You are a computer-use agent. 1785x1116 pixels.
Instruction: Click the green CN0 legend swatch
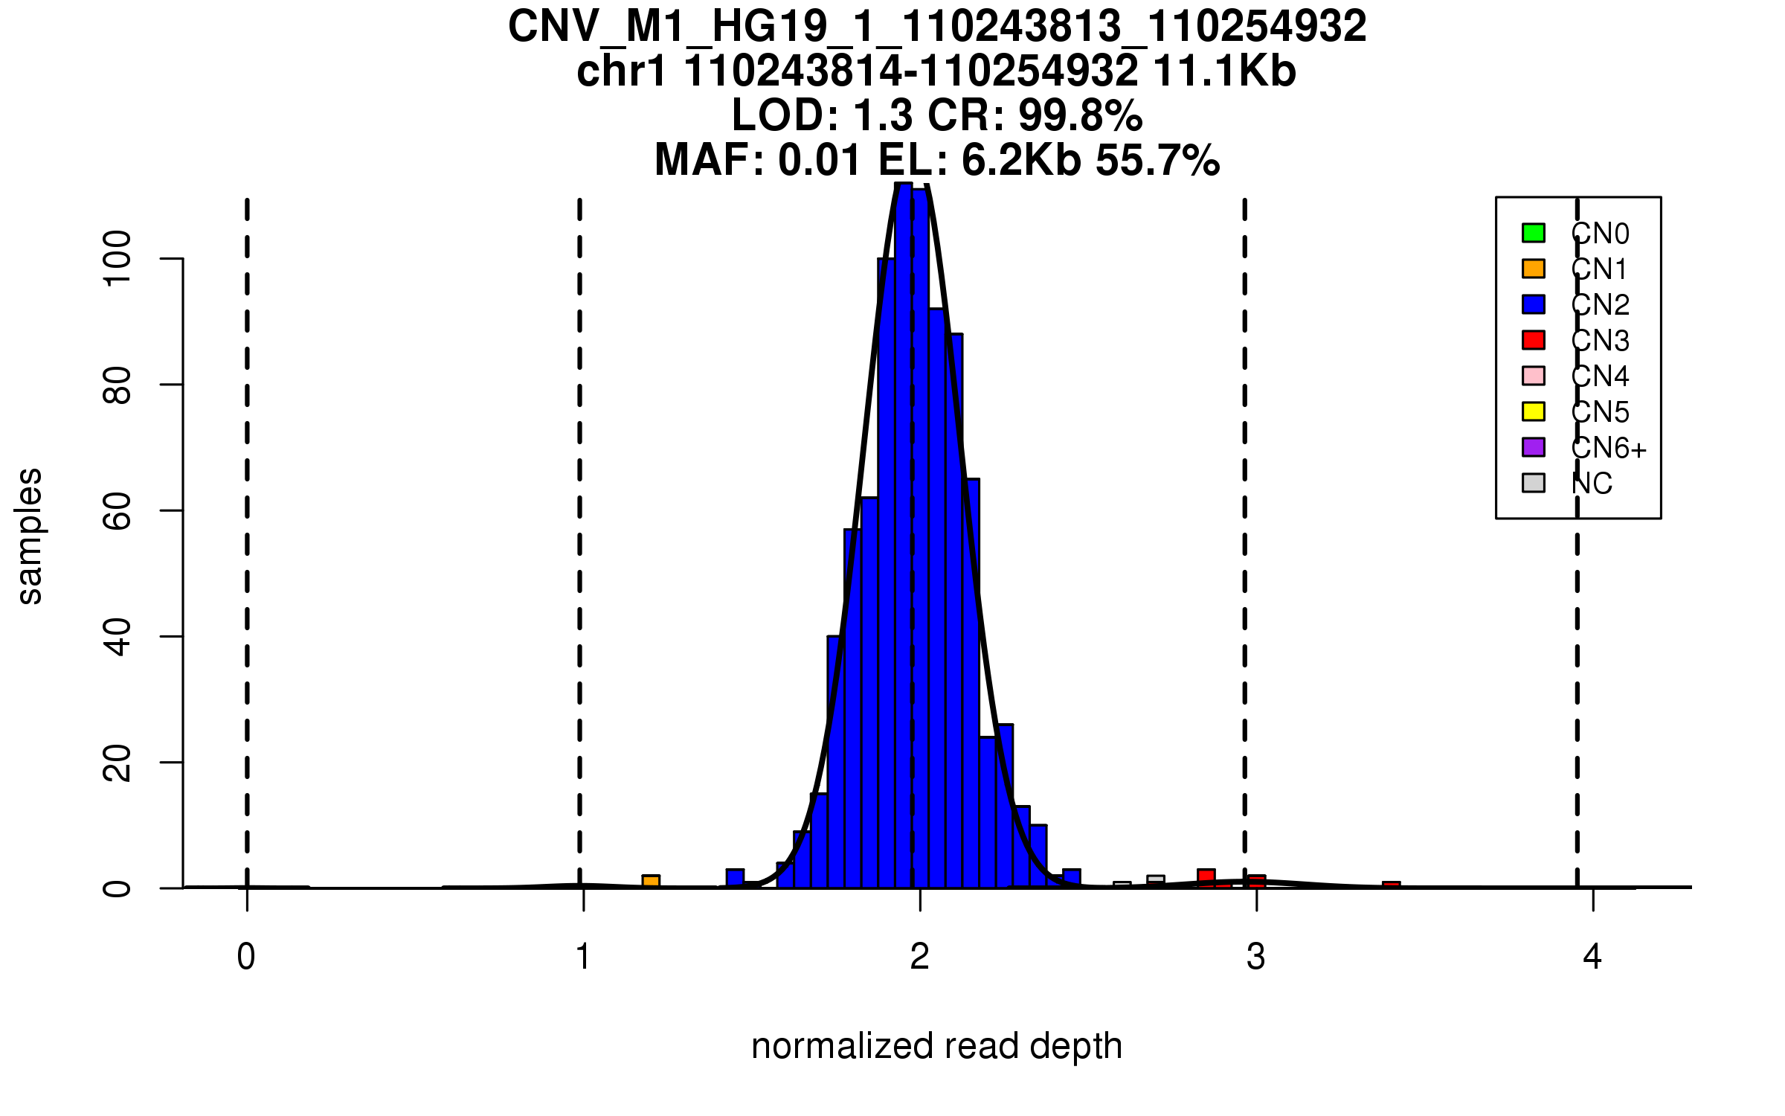coord(1534,233)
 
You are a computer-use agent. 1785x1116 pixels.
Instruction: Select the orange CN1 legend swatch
coord(1534,269)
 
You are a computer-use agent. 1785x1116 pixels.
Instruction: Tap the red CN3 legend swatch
coord(1534,340)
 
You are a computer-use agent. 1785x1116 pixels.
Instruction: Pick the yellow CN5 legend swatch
coord(1534,411)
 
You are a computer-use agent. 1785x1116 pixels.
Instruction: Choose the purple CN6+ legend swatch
coord(1534,447)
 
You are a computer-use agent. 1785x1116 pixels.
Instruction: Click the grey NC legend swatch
coord(1534,483)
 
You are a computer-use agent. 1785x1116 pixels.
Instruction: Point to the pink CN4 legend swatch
coord(1534,376)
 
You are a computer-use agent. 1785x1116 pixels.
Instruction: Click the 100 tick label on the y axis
coord(118,258)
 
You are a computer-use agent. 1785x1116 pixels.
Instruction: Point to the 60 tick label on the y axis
coord(118,510)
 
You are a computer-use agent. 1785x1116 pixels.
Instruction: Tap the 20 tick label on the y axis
coord(118,763)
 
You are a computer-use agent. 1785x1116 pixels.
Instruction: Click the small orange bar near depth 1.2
coord(651,882)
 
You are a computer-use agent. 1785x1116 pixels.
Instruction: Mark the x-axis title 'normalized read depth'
coord(936,1047)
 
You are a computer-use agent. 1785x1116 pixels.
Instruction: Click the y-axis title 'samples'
coord(30,536)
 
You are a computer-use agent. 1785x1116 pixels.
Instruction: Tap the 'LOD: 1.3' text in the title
coord(822,116)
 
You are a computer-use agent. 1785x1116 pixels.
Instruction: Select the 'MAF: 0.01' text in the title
coord(759,161)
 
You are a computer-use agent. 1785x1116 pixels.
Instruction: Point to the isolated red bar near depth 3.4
coord(1391,885)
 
